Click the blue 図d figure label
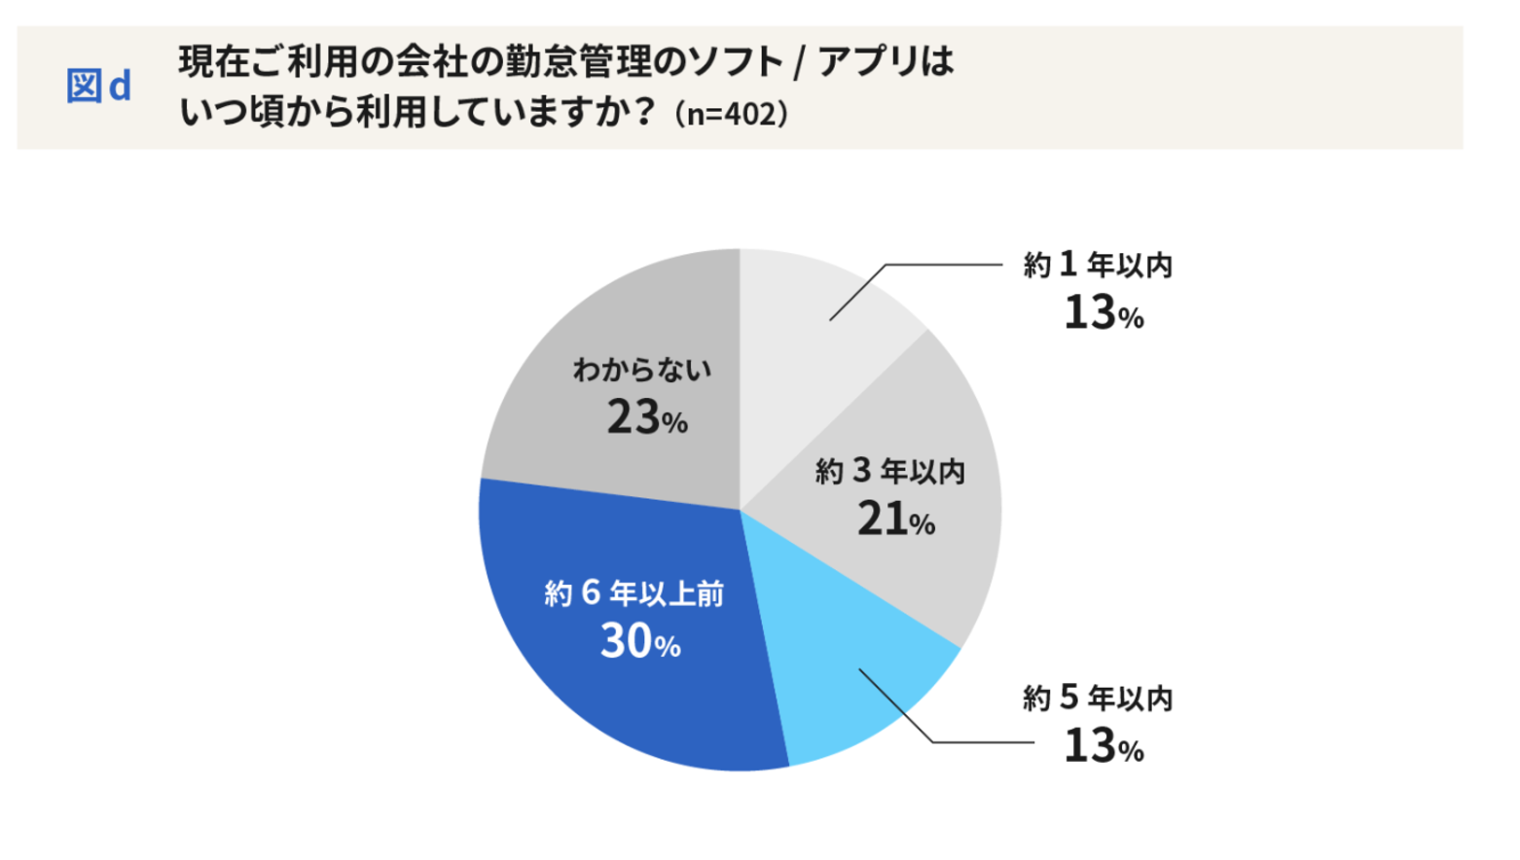tap(98, 86)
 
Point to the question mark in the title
tap(643, 112)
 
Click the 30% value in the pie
tap(639, 641)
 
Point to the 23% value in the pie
tap(646, 418)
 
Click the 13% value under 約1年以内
tap(1103, 313)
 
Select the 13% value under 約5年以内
tap(1103, 746)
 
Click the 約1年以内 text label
tap(1098, 265)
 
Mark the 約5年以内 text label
tap(1098, 698)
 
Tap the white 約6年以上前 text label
tap(633, 593)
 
